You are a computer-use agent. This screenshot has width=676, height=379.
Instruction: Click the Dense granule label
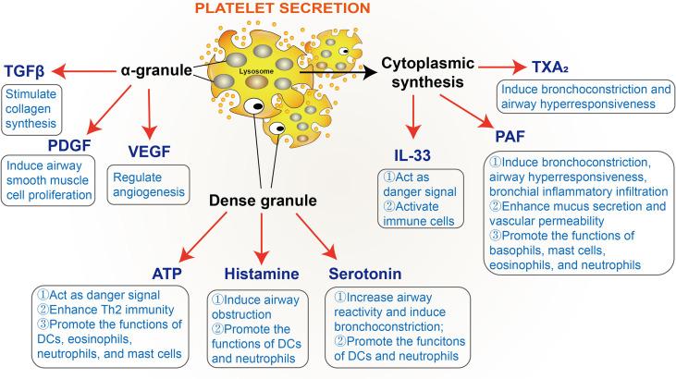258,200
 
